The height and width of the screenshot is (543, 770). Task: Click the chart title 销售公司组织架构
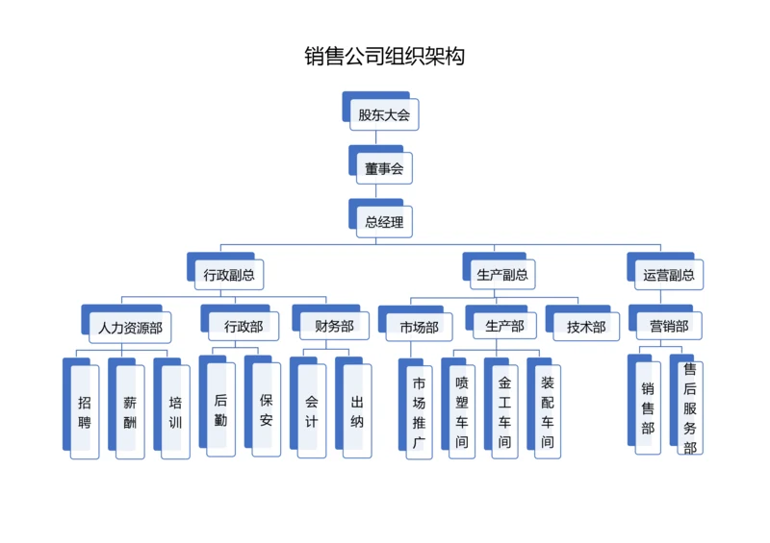click(x=385, y=57)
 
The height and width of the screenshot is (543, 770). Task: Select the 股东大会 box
click(x=384, y=114)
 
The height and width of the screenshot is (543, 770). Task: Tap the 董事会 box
click(x=384, y=168)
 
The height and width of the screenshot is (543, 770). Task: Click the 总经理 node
click(x=384, y=222)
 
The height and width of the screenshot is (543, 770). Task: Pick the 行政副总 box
click(x=229, y=275)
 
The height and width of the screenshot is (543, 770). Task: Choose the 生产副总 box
click(x=502, y=275)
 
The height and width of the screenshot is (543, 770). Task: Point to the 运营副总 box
click(x=668, y=275)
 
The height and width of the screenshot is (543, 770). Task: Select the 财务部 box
click(x=333, y=326)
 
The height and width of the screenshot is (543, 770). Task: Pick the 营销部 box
click(x=669, y=326)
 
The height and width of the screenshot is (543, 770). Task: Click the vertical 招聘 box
click(x=85, y=411)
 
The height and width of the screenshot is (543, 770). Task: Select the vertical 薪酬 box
click(x=130, y=411)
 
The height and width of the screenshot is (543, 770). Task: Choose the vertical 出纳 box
click(x=357, y=410)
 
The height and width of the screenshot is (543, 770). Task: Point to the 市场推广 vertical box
click(x=419, y=411)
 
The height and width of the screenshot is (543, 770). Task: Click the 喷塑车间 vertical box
click(x=462, y=411)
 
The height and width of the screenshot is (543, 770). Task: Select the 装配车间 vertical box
click(x=548, y=411)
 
